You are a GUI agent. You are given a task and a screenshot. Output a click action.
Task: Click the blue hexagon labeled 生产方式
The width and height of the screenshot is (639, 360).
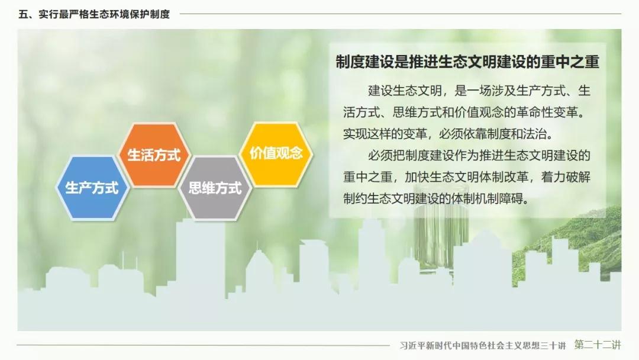(x=92, y=188)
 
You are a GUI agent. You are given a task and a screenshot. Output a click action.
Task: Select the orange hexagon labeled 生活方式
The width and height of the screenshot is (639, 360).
(x=154, y=155)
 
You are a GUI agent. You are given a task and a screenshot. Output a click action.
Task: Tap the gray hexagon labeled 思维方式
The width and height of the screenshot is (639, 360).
(x=215, y=188)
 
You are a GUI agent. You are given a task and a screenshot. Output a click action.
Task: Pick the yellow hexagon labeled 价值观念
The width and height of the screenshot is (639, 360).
(x=276, y=154)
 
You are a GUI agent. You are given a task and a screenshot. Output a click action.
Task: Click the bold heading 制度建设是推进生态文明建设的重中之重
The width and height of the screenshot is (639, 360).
(x=467, y=62)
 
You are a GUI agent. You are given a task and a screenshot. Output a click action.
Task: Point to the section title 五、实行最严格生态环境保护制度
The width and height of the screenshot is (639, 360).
(x=94, y=14)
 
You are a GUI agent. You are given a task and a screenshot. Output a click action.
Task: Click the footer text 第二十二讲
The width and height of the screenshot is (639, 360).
(x=598, y=345)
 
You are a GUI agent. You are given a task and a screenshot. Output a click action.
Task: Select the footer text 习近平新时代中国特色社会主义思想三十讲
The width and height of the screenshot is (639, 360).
(x=483, y=345)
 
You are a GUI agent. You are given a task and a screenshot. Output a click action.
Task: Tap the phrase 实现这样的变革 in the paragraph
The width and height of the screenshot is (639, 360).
(x=385, y=134)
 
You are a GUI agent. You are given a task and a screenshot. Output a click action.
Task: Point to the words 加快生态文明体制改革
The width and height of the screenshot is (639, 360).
(x=466, y=177)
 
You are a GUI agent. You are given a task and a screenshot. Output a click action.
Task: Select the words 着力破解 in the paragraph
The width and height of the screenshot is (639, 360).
(x=566, y=177)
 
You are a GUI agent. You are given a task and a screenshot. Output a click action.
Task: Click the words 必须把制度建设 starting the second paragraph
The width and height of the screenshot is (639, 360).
(x=411, y=155)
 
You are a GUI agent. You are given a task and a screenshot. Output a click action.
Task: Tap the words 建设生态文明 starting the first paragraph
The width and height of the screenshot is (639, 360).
(x=405, y=91)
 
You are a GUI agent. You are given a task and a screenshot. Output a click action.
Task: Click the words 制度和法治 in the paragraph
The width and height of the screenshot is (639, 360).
(x=516, y=134)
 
